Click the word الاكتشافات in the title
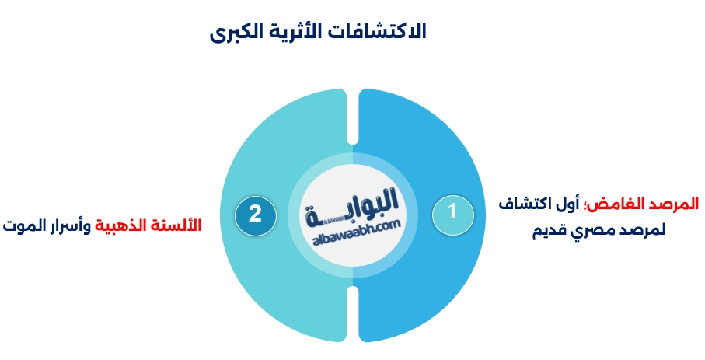pyautogui.click(x=382, y=33)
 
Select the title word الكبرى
pyautogui.click(x=240, y=33)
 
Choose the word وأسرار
pyautogui.click(x=68, y=225)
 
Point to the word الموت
pyautogui.click(x=23, y=225)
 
